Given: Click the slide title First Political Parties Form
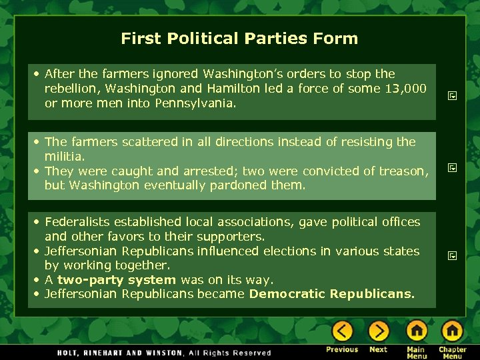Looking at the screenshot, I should point(239,39).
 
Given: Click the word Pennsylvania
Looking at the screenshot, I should point(195,103).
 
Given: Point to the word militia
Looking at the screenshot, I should point(64,156).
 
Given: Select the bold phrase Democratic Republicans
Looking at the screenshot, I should point(331,294).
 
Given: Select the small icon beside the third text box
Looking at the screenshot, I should point(452,255).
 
